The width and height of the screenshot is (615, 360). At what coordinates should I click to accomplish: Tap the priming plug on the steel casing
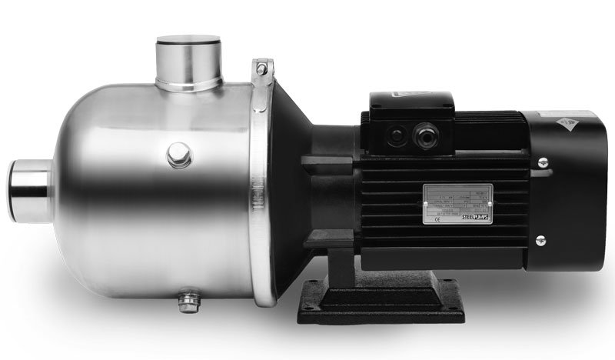[179, 154]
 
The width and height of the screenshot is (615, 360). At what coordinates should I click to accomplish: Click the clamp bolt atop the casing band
[262, 68]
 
